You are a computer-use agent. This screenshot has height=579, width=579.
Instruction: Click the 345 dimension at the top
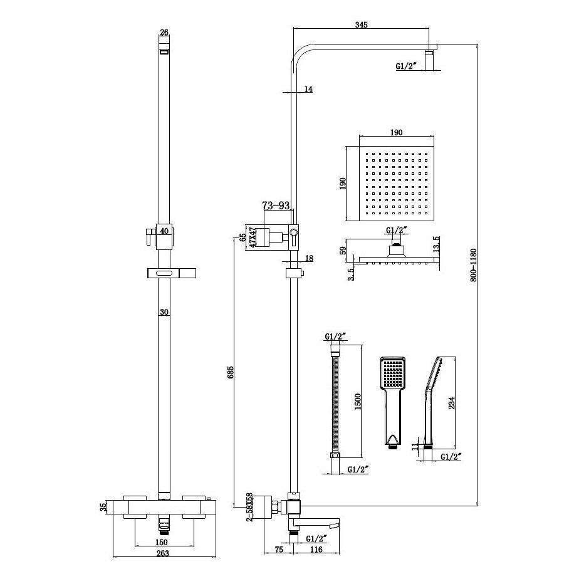pos(361,25)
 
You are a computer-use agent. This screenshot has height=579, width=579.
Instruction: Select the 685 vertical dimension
pos(231,375)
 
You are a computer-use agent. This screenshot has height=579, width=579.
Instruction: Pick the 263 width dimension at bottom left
pos(164,553)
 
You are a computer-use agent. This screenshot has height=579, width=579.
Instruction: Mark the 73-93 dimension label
pos(276,206)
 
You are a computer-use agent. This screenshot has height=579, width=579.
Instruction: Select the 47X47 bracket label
pos(253,239)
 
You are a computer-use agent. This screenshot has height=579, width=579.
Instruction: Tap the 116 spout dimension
pos(317,550)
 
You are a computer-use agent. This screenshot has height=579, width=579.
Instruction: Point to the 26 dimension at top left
pos(164,33)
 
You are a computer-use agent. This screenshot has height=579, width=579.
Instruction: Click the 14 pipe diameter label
pos(308,90)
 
